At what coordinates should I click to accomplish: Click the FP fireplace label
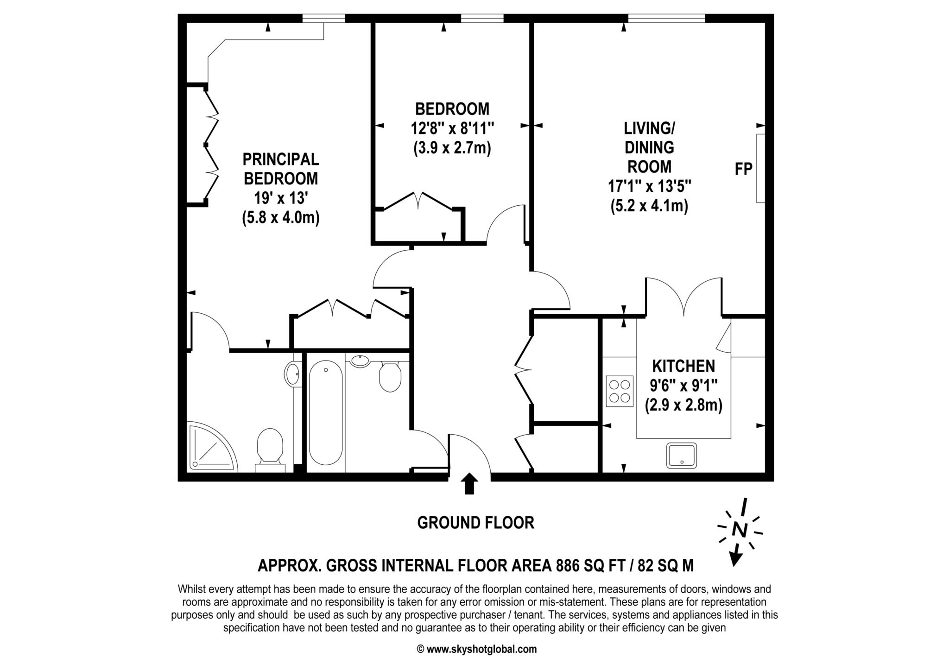click(743, 169)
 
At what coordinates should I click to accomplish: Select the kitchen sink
click(681, 456)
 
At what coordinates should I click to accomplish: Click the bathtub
click(325, 412)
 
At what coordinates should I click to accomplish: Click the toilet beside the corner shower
click(270, 450)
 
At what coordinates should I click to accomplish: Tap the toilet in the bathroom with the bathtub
click(390, 376)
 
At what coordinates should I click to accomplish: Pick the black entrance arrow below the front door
click(470, 483)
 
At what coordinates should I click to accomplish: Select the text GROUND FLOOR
click(475, 523)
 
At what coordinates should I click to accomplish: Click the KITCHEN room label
click(683, 366)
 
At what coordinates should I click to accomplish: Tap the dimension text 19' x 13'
click(281, 198)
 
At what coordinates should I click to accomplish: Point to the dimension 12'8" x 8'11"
click(452, 128)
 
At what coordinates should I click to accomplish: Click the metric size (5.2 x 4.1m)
click(649, 205)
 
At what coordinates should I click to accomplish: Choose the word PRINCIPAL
click(281, 159)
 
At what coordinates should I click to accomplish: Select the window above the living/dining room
click(666, 18)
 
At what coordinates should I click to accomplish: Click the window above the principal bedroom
click(323, 18)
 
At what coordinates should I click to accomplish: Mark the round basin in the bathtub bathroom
click(359, 361)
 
